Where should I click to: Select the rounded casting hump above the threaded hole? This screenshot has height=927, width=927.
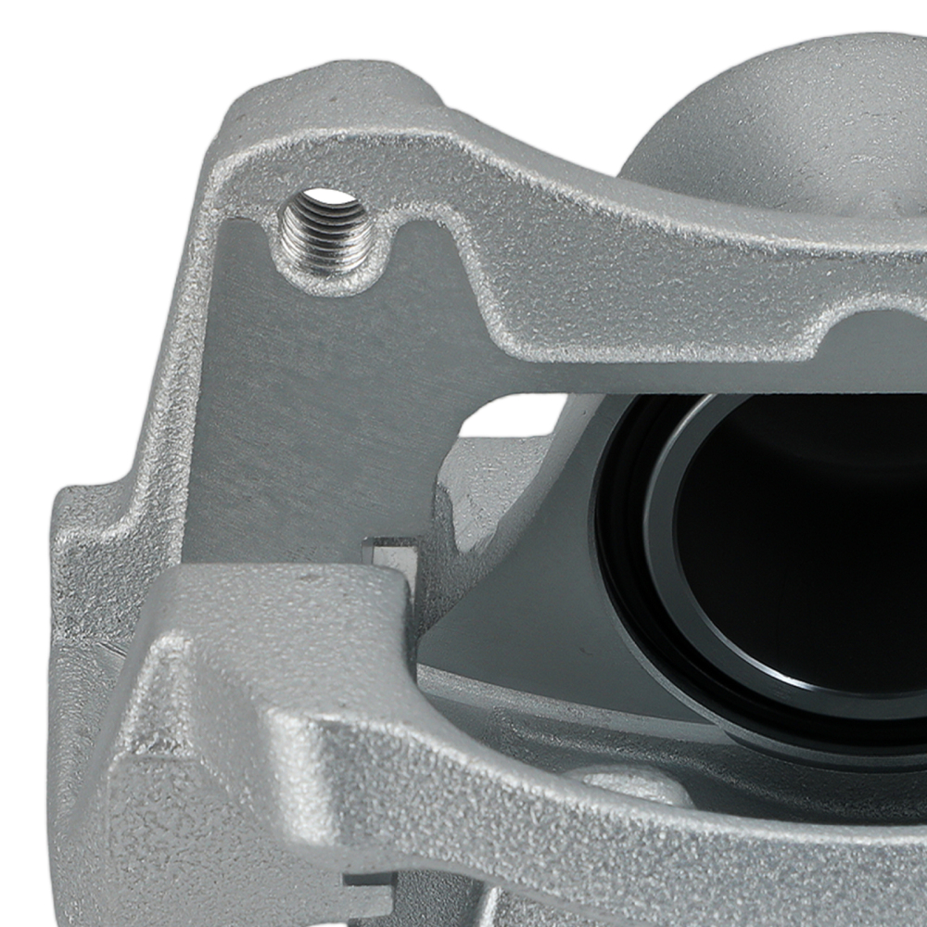[x=371, y=102]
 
